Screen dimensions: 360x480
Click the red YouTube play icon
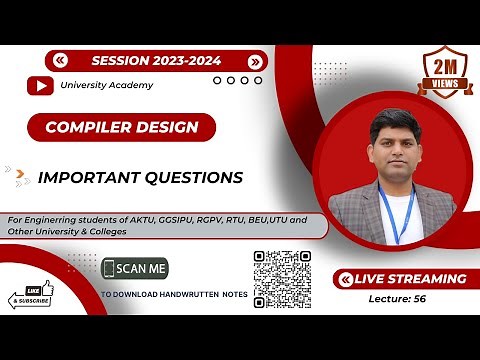41,86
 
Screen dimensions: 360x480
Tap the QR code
283,279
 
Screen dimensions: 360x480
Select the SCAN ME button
135,269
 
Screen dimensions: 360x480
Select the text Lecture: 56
399,298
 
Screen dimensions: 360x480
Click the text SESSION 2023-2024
157,60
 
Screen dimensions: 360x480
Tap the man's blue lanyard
397,215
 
